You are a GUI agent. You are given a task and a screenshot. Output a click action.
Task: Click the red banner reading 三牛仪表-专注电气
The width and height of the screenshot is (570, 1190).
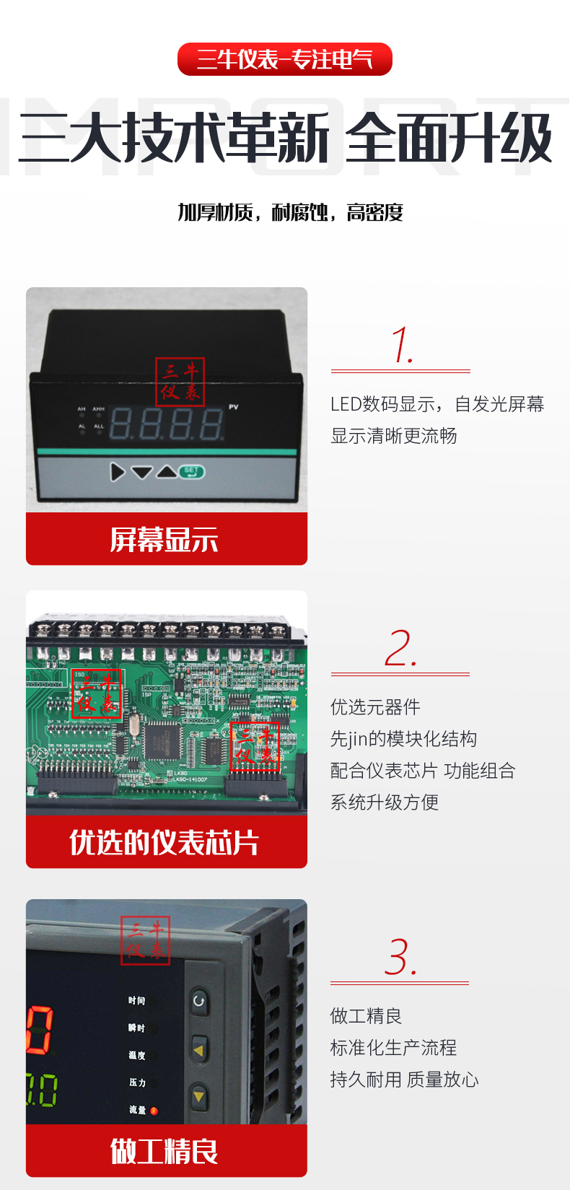pos(285,59)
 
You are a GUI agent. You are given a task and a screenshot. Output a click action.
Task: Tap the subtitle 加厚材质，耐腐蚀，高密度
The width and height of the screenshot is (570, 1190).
pos(290,212)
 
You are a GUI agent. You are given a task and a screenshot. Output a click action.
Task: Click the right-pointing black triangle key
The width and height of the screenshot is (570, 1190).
pos(118,472)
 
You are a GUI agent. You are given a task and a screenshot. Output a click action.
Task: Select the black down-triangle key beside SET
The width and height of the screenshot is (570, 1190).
pos(142,472)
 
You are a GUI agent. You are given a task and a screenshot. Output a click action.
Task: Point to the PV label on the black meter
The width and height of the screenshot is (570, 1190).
pos(234,407)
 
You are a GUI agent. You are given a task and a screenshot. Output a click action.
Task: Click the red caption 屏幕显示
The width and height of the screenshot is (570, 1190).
pos(165,540)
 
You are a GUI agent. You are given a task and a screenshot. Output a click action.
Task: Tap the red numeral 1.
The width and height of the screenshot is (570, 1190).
pos(402,346)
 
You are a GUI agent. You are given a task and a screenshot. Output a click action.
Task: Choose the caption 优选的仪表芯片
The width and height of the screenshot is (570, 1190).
pos(165,843)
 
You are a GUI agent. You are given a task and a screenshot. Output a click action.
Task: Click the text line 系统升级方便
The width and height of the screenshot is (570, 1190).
pos(385,802)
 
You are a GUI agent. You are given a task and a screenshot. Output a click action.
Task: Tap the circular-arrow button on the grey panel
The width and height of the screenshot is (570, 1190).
pos(198,1002)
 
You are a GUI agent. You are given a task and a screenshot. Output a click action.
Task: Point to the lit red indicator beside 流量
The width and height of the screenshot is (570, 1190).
pos(154,1111)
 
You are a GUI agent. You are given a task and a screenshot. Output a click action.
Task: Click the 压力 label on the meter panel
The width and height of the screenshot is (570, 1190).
pos(137,1082)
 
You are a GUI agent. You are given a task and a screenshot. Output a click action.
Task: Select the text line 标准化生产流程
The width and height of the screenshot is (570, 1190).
pos(394,1048)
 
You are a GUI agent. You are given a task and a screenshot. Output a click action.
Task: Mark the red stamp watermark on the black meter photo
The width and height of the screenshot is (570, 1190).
pos(180,382)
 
